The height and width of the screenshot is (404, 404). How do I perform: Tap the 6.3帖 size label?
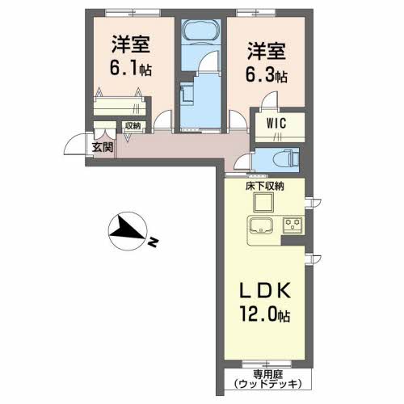pos(266,76)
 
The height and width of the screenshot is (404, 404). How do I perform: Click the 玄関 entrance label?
pos(102,147)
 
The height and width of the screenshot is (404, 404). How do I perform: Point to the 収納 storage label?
pos(133,125)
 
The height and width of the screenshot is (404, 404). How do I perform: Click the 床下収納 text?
pos(265,186)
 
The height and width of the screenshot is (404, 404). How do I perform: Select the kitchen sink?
pos(261,225)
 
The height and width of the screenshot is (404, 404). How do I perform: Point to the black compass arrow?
pos(124,230)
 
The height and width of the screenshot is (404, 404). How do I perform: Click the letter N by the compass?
pos(153,240)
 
